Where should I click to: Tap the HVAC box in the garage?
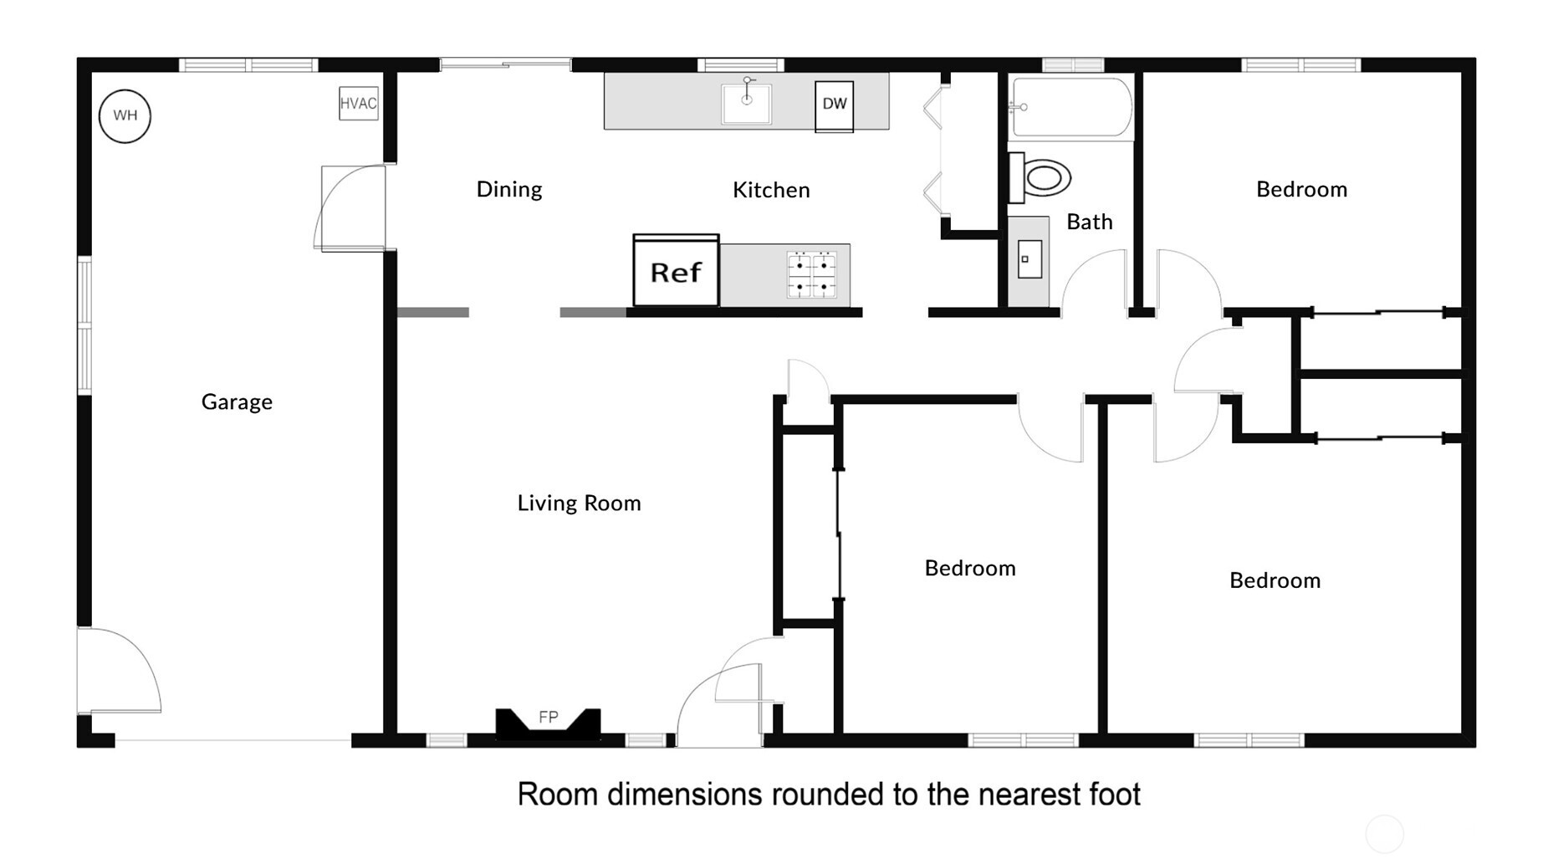[x=358, y=103]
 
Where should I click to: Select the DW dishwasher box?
[x=834, y=105]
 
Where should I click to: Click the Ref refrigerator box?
[x=676, y=270]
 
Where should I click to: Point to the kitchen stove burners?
[x=811, y=275]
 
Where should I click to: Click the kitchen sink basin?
[x=746, y=103]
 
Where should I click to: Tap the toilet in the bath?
[x=1040, y=177]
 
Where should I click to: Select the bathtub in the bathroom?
[x=1070, y=107]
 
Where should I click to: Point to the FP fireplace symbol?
[x=548, y=723]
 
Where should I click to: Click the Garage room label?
[x=237, y=402]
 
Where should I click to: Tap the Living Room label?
[x=579, y=503]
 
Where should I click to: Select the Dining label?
[x=509, y=190]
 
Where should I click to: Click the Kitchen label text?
[x=771, y=190]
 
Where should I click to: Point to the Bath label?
[x=1090, y=222]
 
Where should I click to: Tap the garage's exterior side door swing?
[x=119, y=670]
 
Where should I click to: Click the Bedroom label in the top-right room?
[x=1301, y=189]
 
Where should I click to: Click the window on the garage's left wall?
[x=84, y=325]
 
